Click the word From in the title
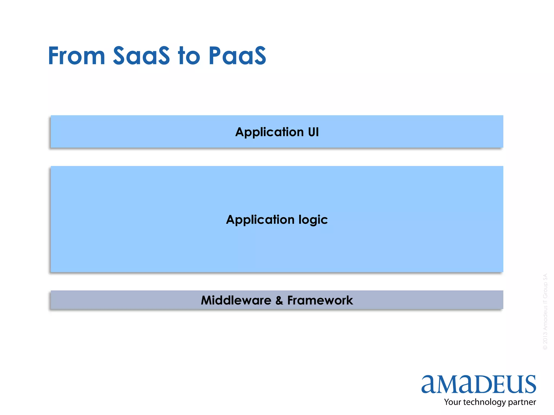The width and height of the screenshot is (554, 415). click(x=77, y=56)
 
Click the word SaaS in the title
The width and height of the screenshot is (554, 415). click(x=141, y=56)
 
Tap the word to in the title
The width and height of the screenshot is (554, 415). click(x=189, y=56)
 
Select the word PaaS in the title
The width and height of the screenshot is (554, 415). click(x=237, y=56)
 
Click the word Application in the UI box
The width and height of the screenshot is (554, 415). click(x=269, y=132)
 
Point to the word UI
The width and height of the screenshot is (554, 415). click(x=313, y=132)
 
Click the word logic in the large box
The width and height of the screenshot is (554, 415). click(x=313, y=220)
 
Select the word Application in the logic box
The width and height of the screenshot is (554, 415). click(x=260, y=220)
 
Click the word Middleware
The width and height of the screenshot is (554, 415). click(x=236, y=300)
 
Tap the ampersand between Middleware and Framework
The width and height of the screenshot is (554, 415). click(x=279, y=300)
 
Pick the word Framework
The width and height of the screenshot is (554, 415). click(x=320, y=300)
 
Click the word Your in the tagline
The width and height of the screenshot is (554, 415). click(x=452, y=402)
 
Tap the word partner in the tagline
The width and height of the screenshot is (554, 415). click(x=522, y=402)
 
